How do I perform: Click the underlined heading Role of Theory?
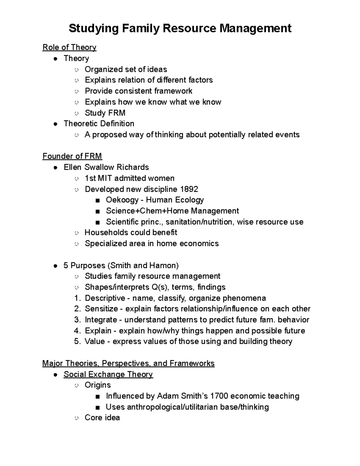(x=69, y=47)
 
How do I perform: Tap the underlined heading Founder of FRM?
(x=72, y=156)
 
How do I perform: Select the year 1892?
(x=189, y=189)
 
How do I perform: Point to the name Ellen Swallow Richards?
(x=106, y=167)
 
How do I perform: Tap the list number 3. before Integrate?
(x=77, y=320)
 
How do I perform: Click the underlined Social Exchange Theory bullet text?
(x=108, y=374)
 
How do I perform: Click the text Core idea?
(x=102, y=418)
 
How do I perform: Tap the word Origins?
(x=97, y=385)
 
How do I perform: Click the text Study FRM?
(x=105, y=113)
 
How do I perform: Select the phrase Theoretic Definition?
(x=99, y=124)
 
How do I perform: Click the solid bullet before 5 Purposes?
(x=55, y=266)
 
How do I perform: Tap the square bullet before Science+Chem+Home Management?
(x=97, y=211)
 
